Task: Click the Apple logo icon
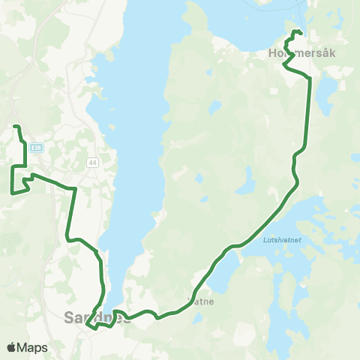click(11, 347)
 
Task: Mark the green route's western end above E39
click(15, 125)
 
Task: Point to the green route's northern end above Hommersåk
click(300, 31)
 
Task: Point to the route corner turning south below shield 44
click(74, 189)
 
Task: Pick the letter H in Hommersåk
click(271, 54)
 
